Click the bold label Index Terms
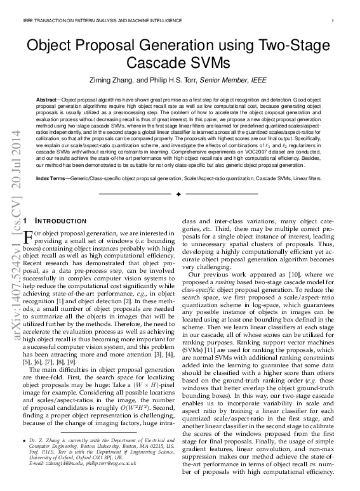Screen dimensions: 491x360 pos(51,180)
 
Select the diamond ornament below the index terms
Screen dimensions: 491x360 pos(180,193)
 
